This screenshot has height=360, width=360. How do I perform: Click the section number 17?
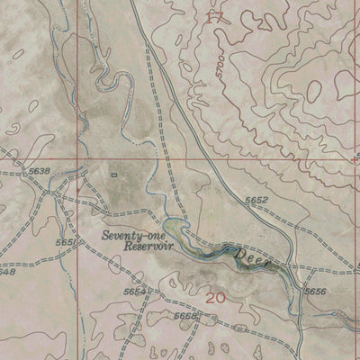click(212, 17)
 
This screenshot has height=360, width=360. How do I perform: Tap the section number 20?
click(216, 298)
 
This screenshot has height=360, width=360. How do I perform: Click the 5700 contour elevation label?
click(220, 67)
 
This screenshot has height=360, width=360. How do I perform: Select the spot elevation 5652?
click(256, 200)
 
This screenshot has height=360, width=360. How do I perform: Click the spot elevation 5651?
click(66, 241)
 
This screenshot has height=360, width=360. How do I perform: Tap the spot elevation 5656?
click(315, 291)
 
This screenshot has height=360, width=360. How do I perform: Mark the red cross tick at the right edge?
click(355, 155)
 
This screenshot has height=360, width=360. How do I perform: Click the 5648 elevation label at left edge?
click(7, 271)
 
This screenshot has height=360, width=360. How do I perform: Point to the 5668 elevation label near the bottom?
click(185, 317)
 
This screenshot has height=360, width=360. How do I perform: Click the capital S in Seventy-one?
click(105, 236)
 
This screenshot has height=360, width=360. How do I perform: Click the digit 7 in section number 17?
click(217, 17)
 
